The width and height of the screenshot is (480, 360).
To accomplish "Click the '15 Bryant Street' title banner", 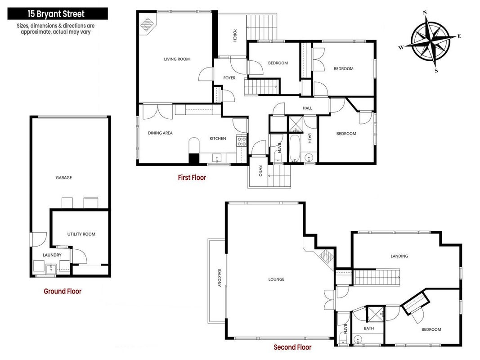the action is [58, 14].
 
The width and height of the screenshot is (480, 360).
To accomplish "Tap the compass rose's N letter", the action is [425, 13].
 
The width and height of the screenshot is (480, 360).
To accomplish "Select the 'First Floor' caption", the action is [192, 178].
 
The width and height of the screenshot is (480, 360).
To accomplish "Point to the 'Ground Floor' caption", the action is [63, 292].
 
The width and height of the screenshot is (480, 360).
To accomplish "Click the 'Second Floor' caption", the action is [292, 347].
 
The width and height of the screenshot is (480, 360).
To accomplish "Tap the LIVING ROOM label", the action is [177, 59].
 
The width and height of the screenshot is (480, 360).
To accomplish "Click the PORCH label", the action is [235, 35].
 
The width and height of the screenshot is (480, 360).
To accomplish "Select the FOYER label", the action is [229, 78].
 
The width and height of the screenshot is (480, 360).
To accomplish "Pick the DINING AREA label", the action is [160, 133].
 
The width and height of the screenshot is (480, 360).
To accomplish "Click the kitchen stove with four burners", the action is [242, 141].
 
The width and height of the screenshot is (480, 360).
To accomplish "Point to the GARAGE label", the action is [64, 178].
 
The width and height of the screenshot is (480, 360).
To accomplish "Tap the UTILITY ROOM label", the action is [81, 234].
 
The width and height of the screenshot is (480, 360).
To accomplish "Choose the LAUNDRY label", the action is [52, 255].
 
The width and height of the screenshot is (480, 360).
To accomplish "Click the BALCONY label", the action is [219, 278].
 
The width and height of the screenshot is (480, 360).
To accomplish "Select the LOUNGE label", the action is [276, 279].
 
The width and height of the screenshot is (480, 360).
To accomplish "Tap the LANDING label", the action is [399, 256].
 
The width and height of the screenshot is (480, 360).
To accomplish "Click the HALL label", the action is [307, 108].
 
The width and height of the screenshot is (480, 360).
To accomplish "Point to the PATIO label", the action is [260, 171].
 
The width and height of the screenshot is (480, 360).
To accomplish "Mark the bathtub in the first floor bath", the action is [295, 148].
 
